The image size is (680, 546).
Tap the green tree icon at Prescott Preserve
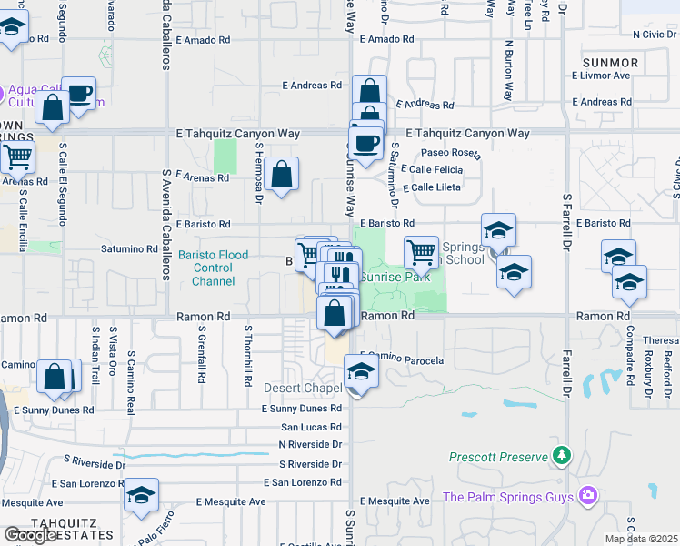[x=563, y=454]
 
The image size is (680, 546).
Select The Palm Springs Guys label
[x=508, y=497]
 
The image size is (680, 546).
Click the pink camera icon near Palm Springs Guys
[x=588, y=496]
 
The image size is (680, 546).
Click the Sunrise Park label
[x=395, y=277]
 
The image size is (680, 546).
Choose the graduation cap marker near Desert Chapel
[x=361, y=372]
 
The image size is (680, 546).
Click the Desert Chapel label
[x=303, y=388]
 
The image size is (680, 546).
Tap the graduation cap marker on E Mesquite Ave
[x=141, y=495]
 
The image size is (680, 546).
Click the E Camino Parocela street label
[x=402, y=360]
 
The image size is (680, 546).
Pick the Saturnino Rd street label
[x=130, y=248]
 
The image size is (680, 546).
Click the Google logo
[x=30, y=535]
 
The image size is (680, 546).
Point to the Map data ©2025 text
[x=642, y=539]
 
